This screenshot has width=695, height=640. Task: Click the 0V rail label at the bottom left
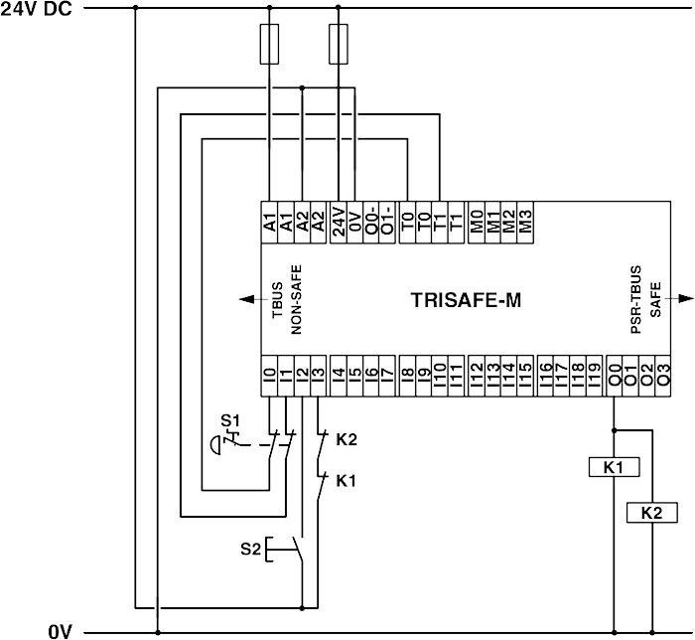coord(60,630)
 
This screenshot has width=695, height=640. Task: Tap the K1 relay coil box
coord(614,466)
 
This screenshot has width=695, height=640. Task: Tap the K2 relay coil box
coord(652,513)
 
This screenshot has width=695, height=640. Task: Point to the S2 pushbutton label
coord(251,547)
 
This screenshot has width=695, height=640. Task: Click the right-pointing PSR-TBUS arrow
coord(684,298)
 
